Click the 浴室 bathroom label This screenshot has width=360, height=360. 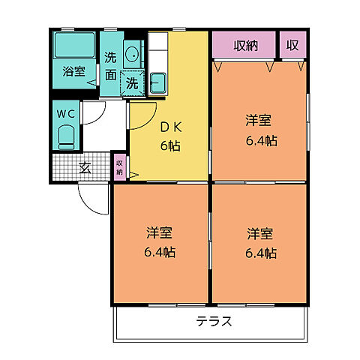(73, 73)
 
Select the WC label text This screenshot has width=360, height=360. (65, 114)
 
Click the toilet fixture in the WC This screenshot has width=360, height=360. (66, 137)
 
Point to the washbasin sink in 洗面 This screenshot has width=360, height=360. (132, 54)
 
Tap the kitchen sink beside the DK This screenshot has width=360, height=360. (158, 82)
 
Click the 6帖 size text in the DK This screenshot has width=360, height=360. (169, 145)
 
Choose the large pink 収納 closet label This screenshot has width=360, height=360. (244, 46)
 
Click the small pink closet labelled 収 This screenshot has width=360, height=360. (292, 46)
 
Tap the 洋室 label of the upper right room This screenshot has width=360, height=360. (259, 120)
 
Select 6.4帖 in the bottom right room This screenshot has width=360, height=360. (259, 253)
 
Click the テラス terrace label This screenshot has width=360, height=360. (214, 322)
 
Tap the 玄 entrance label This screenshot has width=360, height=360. (85, 167)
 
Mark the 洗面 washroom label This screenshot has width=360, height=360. (110, 65)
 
